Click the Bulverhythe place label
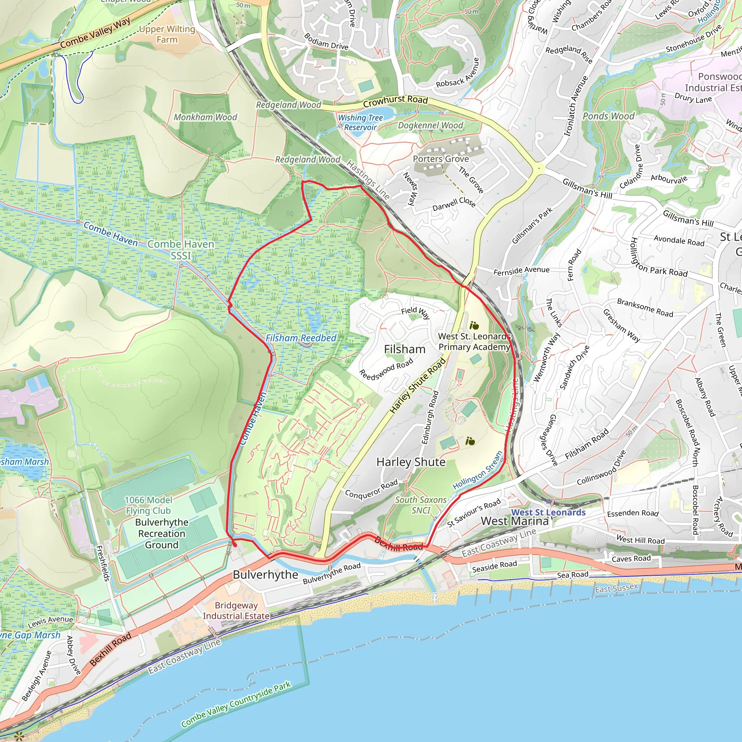(x=265, y=575)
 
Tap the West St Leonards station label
(x=548, y=512)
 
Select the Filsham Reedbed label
(x=301, y=338)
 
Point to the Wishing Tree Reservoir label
(x=360, y=122)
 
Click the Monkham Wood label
(x=205, y=117)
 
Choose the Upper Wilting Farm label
(x=167, y=34)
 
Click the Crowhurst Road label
(x=395, y=101)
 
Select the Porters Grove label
(x=441, y=159)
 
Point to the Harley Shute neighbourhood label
(x=411, y=462)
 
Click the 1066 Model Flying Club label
(x=148, y=505)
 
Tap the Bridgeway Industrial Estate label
(x=236, y=610)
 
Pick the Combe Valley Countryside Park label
(x=236, y=704)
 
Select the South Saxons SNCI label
(x=421, y=505)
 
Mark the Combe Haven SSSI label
(x=180, y=250)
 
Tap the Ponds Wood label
(x=608, y=116)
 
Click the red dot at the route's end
(x=235, y=544)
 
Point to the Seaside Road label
(x=494, y=566)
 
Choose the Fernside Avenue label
(x=521, y=270)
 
